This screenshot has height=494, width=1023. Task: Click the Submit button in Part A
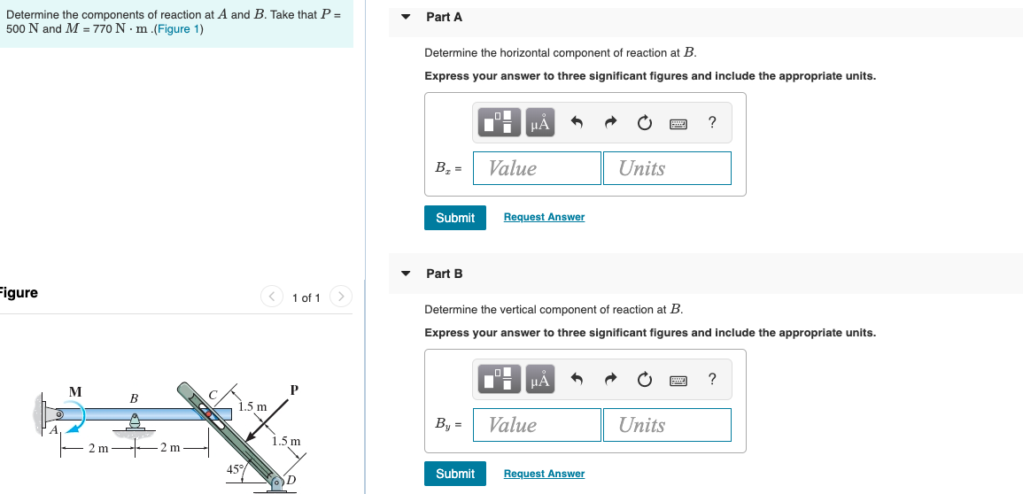455,218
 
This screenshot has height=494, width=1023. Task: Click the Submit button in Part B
455,475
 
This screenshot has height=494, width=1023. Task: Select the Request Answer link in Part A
544,218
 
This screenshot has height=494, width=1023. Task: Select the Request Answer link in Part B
544,475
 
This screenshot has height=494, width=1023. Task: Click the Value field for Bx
537,168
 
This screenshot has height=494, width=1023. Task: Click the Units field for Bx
667,168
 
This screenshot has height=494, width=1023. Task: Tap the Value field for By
537,425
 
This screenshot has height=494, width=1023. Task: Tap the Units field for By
667,425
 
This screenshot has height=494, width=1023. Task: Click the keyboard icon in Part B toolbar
678,381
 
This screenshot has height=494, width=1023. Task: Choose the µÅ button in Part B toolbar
539,381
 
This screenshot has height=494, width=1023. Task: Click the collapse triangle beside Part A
406,17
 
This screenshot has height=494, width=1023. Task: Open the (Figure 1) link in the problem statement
178,29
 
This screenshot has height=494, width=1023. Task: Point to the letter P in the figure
294,390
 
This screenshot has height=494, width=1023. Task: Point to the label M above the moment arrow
76,391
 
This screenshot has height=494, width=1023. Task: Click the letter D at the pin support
290,482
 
